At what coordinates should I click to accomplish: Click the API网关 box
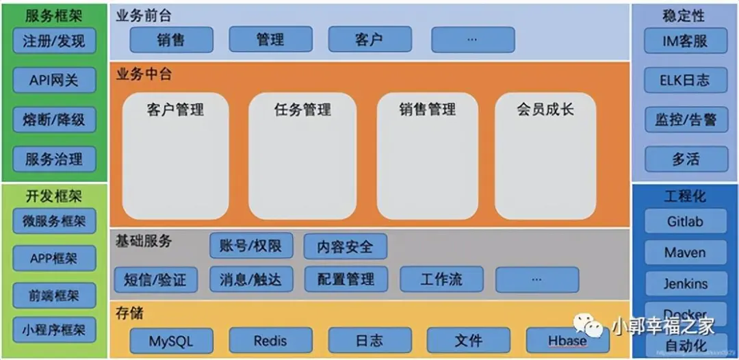tap(54, 80)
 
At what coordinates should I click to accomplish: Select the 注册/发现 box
tap(54, 41)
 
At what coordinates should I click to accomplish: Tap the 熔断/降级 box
tap(54, 120)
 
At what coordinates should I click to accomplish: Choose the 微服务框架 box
tap(54, 221)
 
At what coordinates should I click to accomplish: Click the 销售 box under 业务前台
tap(171, 40)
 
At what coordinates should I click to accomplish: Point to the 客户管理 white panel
tap(175, 156)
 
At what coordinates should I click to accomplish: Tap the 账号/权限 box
tap(251, 245)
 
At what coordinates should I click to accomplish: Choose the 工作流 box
tap(441, 279)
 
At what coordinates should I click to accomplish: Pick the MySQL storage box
tap(171, 340)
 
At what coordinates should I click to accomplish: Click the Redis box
tap(270, 340)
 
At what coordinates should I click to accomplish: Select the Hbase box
tap(567, 340)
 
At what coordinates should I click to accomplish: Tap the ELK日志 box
tap(685, 80)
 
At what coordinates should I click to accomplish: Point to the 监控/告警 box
tap(685, 120)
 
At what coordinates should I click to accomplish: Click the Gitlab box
tap(685, 222)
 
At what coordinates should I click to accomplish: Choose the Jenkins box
tap(685, 283)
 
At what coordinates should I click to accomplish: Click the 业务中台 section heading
tap(144, 75)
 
